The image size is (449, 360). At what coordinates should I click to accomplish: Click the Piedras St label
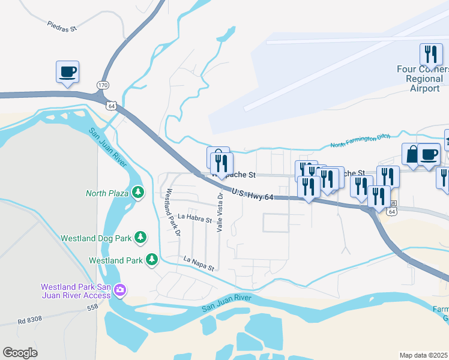click(62, 26)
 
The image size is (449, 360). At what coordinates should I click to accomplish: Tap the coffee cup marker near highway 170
click(68, 73)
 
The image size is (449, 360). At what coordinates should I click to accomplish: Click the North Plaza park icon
click(139, 193)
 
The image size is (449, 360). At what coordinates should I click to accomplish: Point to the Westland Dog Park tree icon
click(140, 238)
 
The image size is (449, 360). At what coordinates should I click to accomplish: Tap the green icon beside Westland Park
click(152, 260)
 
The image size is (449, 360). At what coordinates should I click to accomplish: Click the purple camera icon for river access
click(120, 290)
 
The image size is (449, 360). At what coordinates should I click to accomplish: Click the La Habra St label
click(196, 218)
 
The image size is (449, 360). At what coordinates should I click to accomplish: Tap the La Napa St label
click(199, 264)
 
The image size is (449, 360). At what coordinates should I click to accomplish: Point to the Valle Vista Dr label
click(220, 212)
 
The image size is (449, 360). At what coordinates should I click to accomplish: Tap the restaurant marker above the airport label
click(430, 55)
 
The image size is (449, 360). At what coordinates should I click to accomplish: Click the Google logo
click(20, 353)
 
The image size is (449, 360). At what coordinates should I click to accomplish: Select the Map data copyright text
click(424, 355)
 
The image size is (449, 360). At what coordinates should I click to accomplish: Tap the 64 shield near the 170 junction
click(112, 106)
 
